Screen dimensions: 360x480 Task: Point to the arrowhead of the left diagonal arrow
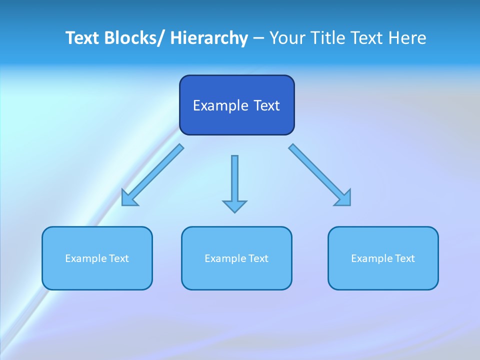point(129,198)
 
